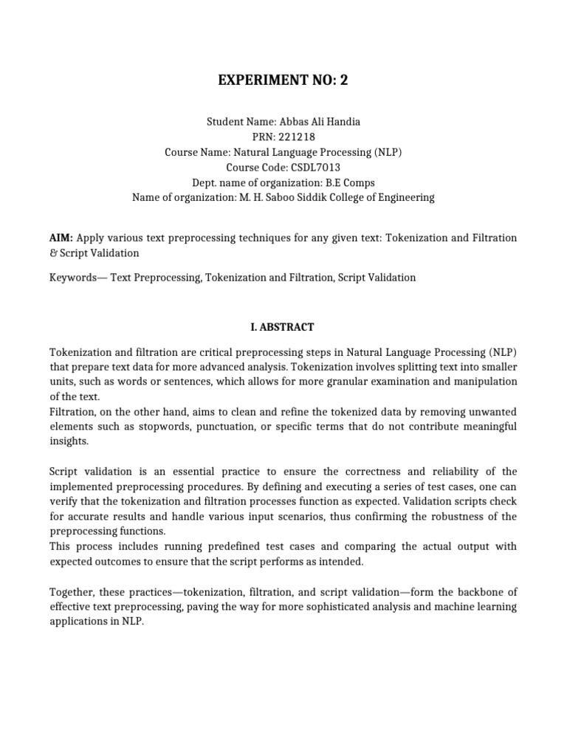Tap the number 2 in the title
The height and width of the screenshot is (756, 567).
click(343, 80)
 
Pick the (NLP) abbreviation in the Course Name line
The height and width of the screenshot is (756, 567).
click(386, 151)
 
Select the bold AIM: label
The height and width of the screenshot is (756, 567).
click(61, 238)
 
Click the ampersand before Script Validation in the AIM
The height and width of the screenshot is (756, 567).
click(52, 253)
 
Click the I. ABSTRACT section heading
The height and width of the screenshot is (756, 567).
click(283, 326)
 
